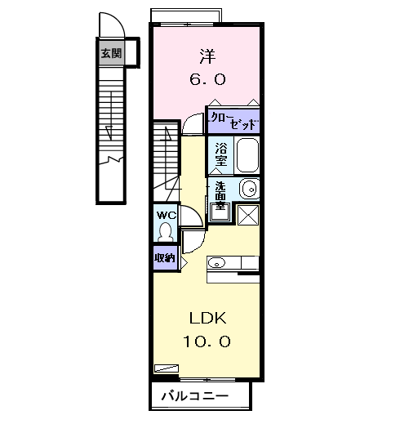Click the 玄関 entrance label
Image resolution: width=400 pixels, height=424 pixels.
coord(111,53)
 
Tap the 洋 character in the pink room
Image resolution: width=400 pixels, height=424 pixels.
coord(207,56)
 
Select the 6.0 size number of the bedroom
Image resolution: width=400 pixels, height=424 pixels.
coord(207,79)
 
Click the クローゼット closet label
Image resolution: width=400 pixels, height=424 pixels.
coord(233,121)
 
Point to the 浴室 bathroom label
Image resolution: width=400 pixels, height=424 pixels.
coord(221,154)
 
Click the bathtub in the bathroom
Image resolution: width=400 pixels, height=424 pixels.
coord(247,154)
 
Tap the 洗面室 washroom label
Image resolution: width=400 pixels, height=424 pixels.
coord(220,195)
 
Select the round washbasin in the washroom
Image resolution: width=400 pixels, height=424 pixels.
coord(250,189)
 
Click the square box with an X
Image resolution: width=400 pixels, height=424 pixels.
coord(248,215)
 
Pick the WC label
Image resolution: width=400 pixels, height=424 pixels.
coord(167,216)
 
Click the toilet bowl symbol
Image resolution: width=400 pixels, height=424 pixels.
coord(165,232)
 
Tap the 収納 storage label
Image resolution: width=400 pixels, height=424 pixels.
coord(165,257)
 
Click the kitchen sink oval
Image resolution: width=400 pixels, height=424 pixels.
coord(216,263)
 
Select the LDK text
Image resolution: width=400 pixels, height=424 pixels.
coord(208,318)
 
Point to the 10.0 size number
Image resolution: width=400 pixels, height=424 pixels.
coord(207,341)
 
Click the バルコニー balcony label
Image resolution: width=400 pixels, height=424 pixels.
coord(195,396)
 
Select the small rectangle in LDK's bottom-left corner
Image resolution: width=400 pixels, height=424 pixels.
coord(167,368)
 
